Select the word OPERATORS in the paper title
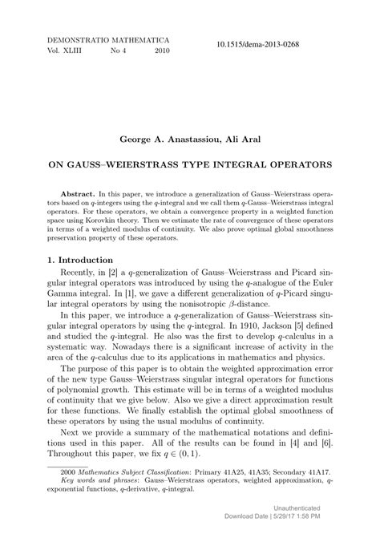[293, 165]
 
